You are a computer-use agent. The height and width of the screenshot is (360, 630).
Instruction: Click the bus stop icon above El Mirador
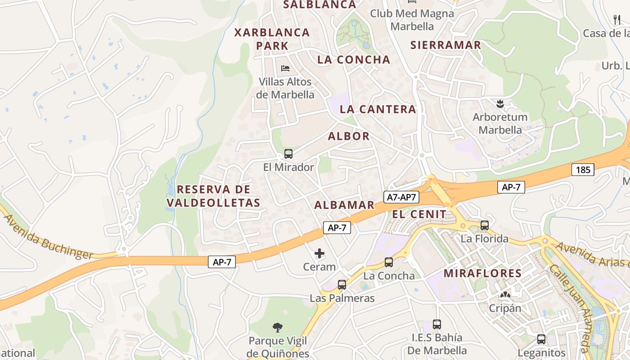[x=288, y=154]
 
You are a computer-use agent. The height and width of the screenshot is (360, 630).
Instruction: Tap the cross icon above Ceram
[x=319, y=253]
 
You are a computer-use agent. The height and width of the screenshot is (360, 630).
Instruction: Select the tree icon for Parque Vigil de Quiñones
[x=278, y=327]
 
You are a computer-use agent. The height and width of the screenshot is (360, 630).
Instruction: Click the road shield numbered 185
[x=583, y=170]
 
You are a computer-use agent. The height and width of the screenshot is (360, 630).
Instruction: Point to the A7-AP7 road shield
[x=402, y=197]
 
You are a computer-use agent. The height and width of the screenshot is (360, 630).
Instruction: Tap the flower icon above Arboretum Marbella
[x=499, y=104]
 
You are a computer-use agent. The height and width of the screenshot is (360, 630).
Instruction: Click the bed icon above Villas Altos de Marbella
[x=285, y=68]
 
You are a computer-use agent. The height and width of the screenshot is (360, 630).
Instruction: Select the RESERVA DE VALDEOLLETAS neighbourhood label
[x=214, y=196]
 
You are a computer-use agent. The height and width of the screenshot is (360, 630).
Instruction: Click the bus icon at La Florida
[x=485, y=225]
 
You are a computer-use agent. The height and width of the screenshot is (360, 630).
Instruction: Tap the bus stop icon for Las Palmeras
[x=342, y=284]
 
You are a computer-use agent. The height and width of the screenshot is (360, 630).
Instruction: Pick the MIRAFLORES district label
[x=482, y=273]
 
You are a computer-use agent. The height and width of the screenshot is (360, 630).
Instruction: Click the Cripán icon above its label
[x=505, y=295]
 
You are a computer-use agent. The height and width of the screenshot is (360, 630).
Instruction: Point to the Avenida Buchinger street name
[x=49, y=237]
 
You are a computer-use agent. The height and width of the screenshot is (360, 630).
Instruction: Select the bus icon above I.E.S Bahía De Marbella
[x=436, y=324]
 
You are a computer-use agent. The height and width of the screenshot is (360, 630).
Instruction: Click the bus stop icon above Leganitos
[x=541, y=339]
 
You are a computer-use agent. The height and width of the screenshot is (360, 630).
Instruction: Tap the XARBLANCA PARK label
[x=272, y=39]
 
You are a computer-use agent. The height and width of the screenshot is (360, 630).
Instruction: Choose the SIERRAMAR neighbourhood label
[x=445, y=45]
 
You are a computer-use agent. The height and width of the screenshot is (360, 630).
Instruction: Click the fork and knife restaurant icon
[x=617, y=19]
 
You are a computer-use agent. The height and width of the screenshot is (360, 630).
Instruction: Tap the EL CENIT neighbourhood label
[x=419, y=214]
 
